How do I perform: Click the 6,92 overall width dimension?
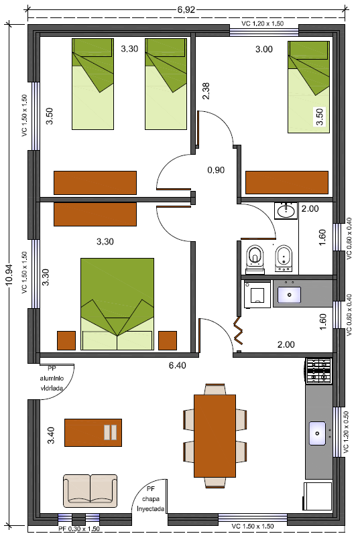(186, 10)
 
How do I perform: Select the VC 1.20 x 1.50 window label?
(262, 23)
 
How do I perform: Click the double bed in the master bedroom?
(117, 304)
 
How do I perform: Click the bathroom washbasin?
(286, 211)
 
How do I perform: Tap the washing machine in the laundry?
(257, 294)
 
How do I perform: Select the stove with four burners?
(318, 371)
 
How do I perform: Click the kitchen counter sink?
(317, 433)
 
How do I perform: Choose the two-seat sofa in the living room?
(90, 490)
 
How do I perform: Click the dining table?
(215, 436)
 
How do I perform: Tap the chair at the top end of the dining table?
(215, 389)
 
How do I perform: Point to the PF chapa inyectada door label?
(151, 498)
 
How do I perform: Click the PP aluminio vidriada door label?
(52, 378)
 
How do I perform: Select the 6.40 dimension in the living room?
(178, 365)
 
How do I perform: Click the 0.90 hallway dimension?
(216, 170)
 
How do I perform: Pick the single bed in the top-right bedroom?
(308, 87)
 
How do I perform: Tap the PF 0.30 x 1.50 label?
(79, 529)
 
